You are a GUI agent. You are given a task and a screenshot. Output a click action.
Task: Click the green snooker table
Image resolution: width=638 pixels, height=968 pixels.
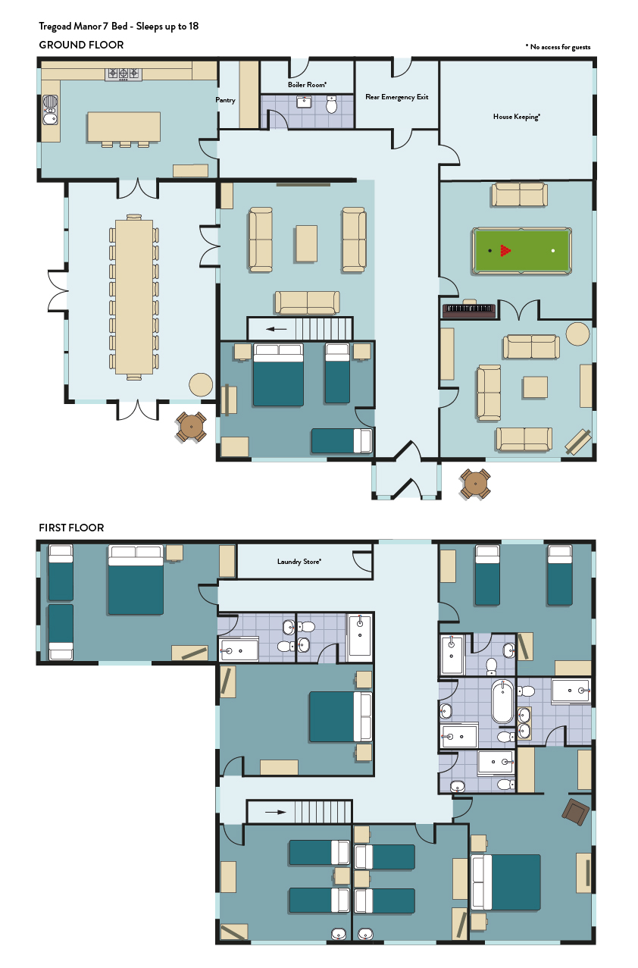pos(522,251)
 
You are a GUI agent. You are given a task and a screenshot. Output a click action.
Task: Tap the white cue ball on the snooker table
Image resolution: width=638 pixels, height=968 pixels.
pos(553,251)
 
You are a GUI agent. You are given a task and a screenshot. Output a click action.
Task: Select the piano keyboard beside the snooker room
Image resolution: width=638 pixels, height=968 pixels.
pos(469,310)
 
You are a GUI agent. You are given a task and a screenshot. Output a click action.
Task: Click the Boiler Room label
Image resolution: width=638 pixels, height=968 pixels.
pos(307,85)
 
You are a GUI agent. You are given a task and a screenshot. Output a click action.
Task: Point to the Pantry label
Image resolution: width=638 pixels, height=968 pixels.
pos(226,100)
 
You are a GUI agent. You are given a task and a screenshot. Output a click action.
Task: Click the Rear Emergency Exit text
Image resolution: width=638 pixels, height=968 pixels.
pos(397,97)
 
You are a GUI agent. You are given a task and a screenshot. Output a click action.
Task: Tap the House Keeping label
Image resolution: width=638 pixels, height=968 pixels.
pos(517,117)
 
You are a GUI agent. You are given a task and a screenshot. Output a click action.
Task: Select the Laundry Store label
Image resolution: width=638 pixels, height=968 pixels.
pos(299,562)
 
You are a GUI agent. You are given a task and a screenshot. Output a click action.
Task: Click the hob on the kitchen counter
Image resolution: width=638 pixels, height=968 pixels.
pos(123,74)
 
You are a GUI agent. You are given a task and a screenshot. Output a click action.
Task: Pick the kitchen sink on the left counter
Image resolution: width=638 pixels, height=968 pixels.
pos(51,110)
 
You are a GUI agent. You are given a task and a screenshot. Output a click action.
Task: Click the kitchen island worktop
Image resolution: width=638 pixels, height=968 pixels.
pos(124,127)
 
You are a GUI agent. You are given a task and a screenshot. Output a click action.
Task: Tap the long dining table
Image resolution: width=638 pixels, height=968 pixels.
pos(134,297)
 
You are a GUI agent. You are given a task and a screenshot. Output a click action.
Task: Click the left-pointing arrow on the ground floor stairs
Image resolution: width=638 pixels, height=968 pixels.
pos(277,329)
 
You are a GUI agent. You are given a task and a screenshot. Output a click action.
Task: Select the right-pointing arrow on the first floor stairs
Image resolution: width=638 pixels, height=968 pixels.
pos(276,812)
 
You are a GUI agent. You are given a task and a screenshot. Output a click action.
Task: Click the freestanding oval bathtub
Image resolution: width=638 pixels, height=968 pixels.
pos(503,701)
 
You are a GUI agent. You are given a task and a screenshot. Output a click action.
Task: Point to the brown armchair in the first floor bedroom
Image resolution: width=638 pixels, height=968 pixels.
pos(575,812)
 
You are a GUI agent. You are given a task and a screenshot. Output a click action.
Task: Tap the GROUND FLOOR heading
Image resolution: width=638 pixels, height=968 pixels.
pos(81,45)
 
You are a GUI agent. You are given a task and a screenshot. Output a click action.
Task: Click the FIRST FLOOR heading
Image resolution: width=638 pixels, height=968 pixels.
pos(71,528)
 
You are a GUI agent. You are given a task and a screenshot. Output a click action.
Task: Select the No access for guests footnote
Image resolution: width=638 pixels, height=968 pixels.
pos(558,47)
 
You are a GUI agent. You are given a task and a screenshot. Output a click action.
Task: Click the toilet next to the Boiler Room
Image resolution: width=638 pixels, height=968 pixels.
pos(331,105)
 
